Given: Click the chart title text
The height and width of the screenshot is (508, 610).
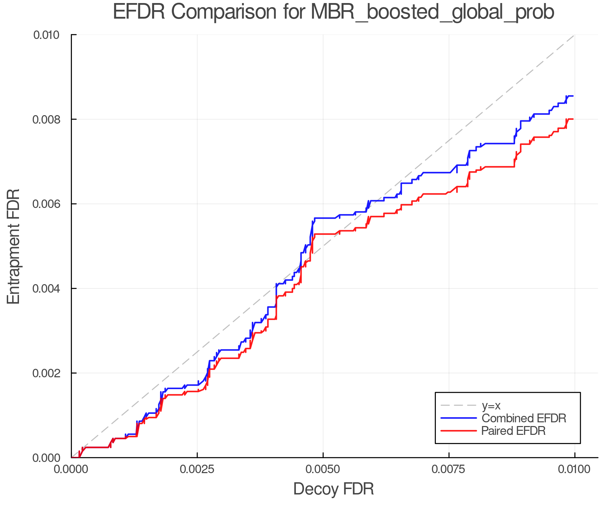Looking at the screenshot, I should [x=333, y=12].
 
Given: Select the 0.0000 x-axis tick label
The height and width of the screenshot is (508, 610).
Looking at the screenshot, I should [x=72, y=469].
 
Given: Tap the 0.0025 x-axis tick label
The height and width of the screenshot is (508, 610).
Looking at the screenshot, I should [x=197, y=469].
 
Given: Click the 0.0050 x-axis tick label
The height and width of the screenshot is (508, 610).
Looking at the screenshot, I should [x=323, y=469].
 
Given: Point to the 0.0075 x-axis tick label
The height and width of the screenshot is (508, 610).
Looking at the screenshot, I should [x=449, y=469].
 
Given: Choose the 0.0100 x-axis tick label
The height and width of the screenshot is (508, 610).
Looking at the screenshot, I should [x=575, y=469].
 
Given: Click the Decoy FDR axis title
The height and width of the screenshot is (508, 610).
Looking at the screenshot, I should [x=333, y=489].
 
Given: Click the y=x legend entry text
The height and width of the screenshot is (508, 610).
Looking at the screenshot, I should [x=491, y=405].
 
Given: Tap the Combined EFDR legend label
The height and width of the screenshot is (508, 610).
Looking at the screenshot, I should [x=524, y=418].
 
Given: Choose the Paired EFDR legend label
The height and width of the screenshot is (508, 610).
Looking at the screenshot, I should [x=513, y=431].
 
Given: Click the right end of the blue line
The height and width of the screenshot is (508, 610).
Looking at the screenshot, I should [x=573, y=96].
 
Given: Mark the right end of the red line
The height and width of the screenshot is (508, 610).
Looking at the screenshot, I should [x=573, y=119].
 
